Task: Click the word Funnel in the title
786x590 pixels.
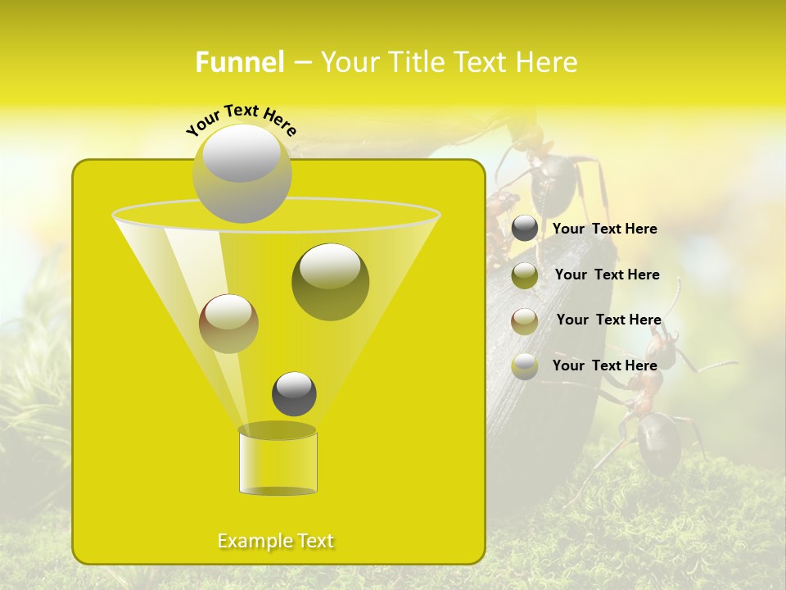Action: pos(240,62)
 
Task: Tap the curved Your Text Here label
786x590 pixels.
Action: pos(242,119)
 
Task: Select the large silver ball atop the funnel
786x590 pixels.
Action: pos(242,173)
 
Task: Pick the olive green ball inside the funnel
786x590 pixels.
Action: pos(330,281)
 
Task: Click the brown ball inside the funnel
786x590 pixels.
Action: pos(228,323)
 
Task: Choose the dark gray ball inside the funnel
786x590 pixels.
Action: pos(294,393)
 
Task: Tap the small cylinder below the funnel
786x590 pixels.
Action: pos(278,462)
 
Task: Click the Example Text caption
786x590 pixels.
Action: pos(276,541)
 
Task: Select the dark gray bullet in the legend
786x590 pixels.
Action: pos(525,229)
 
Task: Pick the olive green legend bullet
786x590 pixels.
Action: pos(525,275)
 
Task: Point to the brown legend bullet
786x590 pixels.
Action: pos(525,320)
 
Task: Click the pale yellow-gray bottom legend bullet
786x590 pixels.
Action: pos(525,366)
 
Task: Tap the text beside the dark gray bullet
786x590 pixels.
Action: pos(605,229)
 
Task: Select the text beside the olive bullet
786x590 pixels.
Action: pos(607,275)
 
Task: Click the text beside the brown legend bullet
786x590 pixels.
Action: pos(608,320)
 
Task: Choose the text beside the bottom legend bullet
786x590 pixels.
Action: pos(605,365)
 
